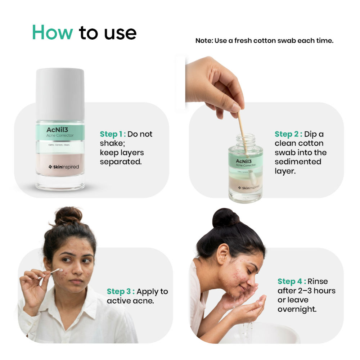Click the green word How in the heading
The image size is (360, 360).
coord(53,32)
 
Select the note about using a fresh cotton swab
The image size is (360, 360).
coord(264,41)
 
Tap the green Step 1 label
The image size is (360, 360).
coord(113,134)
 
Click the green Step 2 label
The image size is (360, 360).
coord(288,134)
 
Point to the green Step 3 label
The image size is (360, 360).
coord(120,292)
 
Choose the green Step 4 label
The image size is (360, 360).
coord(292,282)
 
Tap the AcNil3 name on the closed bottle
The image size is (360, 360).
coord(57,129)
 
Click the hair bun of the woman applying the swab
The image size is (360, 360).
coord(68,215)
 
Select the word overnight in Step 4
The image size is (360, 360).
coord(297,309)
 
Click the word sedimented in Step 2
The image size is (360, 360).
coord(298,162)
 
